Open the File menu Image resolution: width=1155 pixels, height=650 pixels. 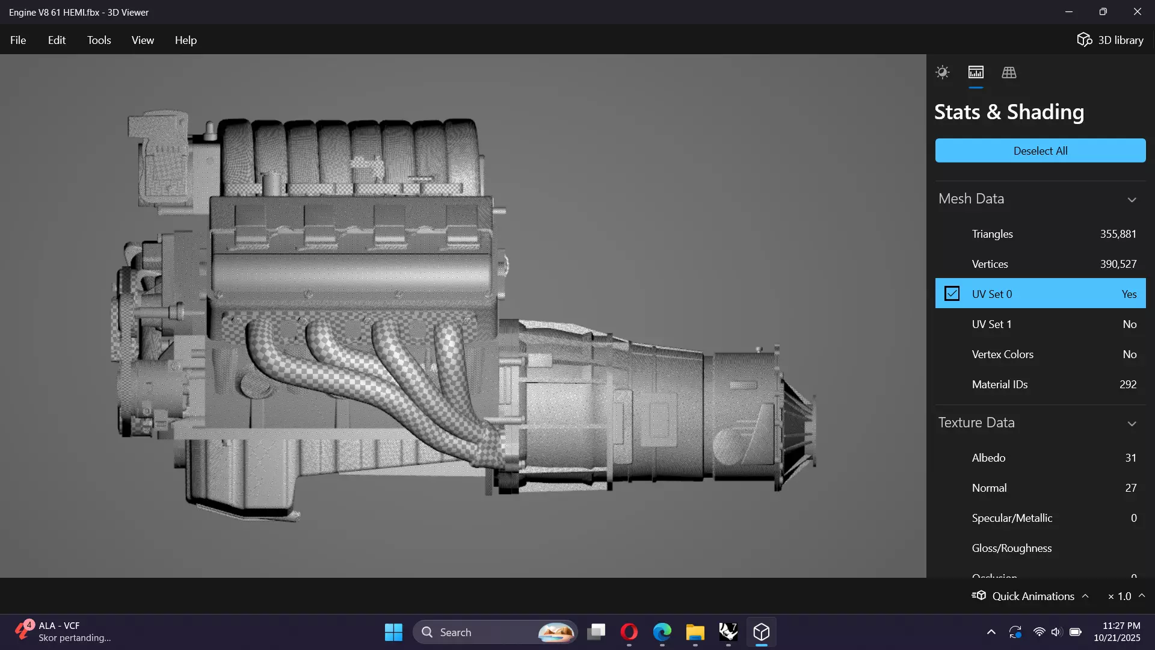pos(18,40)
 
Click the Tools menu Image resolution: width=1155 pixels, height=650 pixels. pos(99,40)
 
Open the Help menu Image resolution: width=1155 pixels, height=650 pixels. pos(185,40)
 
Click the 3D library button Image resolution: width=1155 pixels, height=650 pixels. pos(1110,40)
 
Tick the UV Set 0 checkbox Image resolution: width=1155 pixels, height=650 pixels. pos(952,294)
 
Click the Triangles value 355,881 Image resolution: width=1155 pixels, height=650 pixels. pos(1118,234)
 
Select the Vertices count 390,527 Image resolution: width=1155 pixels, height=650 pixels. pos(1118,264)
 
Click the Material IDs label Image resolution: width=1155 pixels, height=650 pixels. pos(999,385)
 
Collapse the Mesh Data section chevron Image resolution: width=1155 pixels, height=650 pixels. pos(1132,199)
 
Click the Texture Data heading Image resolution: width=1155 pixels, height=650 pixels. pos(976,422)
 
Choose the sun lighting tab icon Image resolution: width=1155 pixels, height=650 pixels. pos(942,73)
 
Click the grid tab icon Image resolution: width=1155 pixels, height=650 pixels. pos(1009,73)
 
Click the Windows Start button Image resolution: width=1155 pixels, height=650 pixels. pos(393,632)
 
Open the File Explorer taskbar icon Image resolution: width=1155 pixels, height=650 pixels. pos(695,632)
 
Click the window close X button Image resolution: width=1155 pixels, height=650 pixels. pos(1137,12)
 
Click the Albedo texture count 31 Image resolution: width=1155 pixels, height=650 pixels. pos(1130,458)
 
